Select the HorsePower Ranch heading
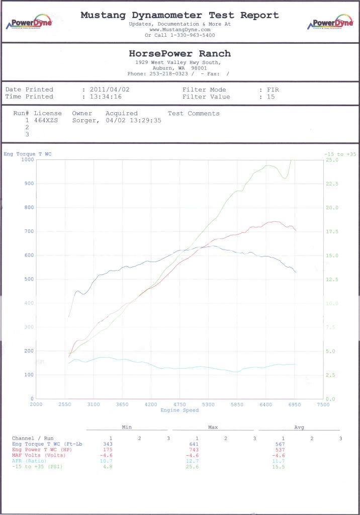(x=179, y=53)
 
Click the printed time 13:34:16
(x=105, y=97)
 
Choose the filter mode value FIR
(x=273, y=90)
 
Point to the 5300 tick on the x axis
(x=208, y=404)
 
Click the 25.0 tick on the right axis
(x=332, y=159)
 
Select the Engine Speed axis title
(x=179, y=410)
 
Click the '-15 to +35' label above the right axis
(x=340, y=154)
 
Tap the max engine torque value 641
(x=194, y=444)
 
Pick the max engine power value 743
(x=194, y=450)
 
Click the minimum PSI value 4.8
(x=108, y=466)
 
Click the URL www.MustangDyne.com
(x=179, y=30)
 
